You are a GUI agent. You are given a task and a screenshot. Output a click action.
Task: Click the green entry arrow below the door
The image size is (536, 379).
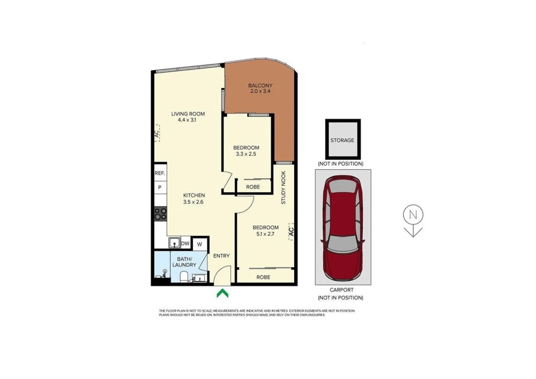click(222, 293)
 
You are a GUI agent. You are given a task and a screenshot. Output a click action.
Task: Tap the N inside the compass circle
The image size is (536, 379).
click(413, 214)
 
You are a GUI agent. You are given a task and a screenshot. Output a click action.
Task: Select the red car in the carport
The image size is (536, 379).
click(342, 228)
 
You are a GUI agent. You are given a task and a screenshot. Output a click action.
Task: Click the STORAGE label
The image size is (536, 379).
click(342, 140)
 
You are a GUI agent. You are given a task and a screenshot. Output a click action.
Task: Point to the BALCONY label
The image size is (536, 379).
click(260, 85)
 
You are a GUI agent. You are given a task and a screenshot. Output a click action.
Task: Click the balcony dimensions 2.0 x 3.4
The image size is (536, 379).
click(260, 91)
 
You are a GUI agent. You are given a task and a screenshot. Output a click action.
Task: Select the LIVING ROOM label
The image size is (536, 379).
click(188, 114)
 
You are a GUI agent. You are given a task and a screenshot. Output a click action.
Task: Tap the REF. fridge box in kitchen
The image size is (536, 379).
click(160, 173)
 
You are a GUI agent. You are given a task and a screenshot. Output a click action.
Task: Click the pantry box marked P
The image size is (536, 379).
click(160, 187)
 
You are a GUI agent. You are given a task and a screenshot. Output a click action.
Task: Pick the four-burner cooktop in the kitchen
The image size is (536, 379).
click(161, 214)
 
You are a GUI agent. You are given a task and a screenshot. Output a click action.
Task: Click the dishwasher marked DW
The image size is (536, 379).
click(185, 243)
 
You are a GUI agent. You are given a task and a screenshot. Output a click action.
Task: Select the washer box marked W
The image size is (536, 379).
click(199, 244)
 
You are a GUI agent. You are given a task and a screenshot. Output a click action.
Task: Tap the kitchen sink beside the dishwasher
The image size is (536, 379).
click(174, 242)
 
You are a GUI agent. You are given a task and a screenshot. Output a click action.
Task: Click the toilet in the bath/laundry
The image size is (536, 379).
click(184, 277)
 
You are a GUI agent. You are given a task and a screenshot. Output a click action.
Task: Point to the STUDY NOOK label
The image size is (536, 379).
click(283, 187)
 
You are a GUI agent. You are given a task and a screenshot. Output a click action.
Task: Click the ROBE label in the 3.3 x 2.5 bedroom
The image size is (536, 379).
click(253, 187)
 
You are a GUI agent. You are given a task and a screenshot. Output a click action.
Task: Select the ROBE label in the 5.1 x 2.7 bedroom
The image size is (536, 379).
click(263, 277)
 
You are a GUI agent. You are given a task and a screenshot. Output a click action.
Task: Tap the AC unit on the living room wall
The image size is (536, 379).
click(157, 133)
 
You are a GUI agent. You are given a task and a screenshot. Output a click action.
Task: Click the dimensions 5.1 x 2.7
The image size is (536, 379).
click(265, 234)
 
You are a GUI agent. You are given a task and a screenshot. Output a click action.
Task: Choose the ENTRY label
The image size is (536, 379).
click(221, 256)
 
